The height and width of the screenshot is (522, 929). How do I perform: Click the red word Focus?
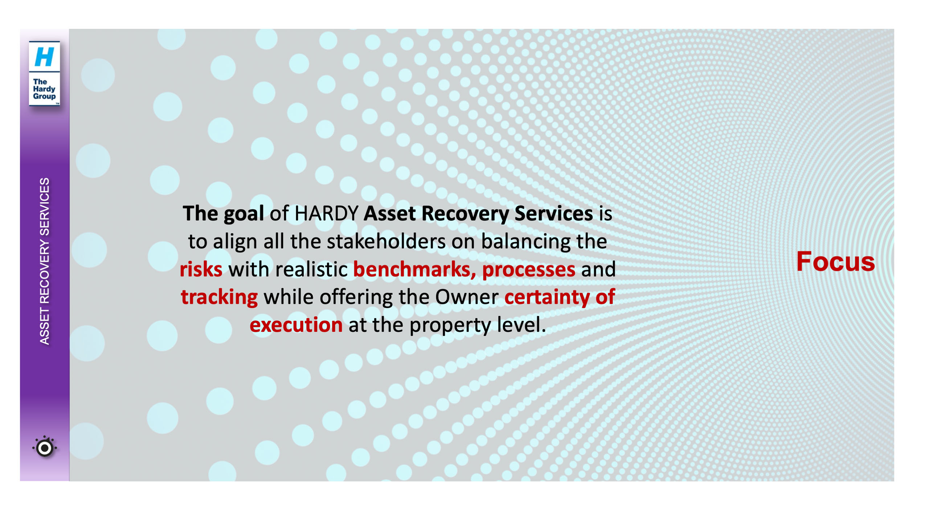pyautogui.click(x=835, y=261)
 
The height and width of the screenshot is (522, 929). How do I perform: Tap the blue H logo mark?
pyautogui.click(x=44, y=57)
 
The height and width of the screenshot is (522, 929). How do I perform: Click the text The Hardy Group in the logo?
pyautogui.click(x=44, y=89)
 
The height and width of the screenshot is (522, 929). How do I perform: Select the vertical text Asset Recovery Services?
pyautogui.click(x=44, y=261)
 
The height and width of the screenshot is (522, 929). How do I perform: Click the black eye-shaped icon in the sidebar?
pyautogui.click(x=45, y=448)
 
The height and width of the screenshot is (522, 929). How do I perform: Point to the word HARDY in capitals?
pyautogui.click(x=326, y=213)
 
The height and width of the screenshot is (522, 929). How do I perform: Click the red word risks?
pyautogui.click(x=201, y=269)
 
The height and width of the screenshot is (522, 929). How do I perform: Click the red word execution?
pyautogui.click(x=296, y=325)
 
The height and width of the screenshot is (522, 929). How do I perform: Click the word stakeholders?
pyautogui.click(x=386, y=241)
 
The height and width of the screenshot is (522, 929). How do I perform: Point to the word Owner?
pyautogui.click(x=467, y=297)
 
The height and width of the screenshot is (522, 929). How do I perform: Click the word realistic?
pyautogui.click(x=311, y=269)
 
